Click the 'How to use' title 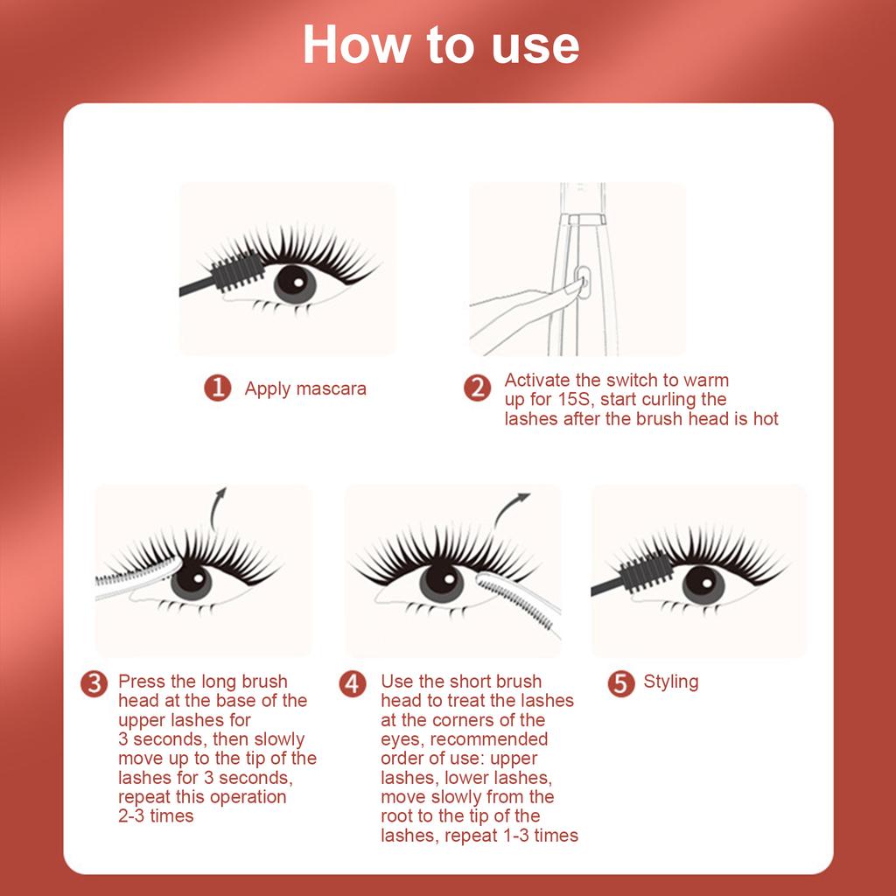(x=441, y=45)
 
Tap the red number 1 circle (x=218, y=388)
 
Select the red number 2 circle (x=477, y=388)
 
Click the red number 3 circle (x=94, y=683)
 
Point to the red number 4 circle (x=353, y=683)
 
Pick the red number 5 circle (x=620, y=683)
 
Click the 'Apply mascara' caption (x=305, y=388)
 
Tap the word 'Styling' (x=671, y=682)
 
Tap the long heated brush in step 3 (x=136, y=573)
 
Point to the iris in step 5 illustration (x=703, y=584)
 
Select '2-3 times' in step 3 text (x=156, y=816)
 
